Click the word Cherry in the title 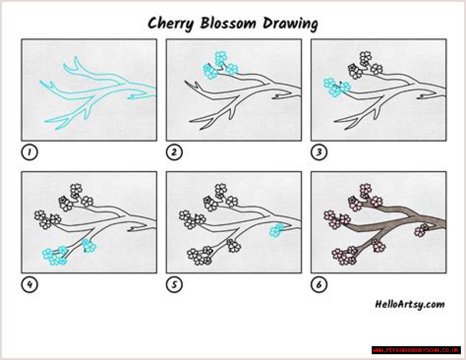[x=171, y=24]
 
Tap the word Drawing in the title [x=291, y=24]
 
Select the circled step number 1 [x=29, y=152]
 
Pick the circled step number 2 [x=174, y=152]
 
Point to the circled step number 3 [x=319, y=152]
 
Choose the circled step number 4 [x=29, y=285]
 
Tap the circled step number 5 [x=174, y=285]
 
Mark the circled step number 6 [x=319, y=285]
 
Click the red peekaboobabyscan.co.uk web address [x=416, y=351]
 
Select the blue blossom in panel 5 [x=277, y=230]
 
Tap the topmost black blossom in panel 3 [x=366, y=57]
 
